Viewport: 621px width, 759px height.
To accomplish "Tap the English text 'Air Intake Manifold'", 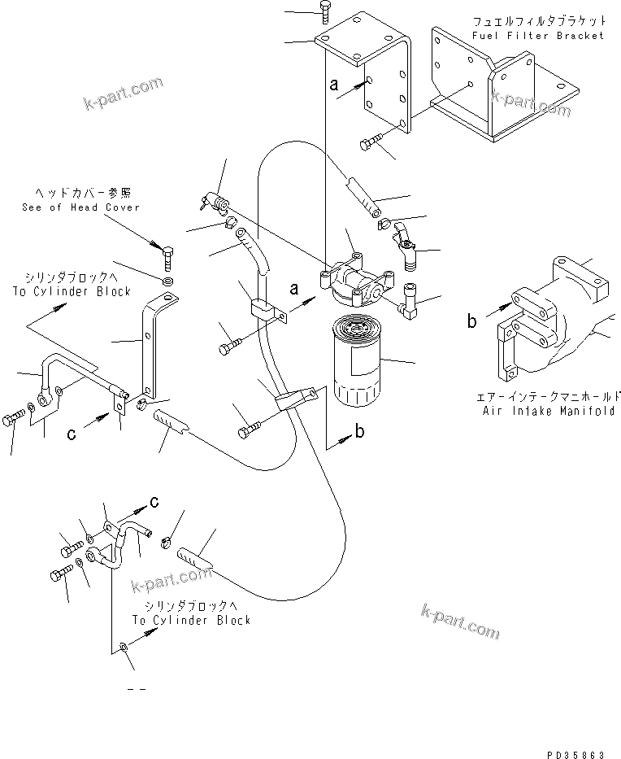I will point(545,412).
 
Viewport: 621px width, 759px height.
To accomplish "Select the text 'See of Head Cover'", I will point(80,207).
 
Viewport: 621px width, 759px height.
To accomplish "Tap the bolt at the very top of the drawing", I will point(323,11).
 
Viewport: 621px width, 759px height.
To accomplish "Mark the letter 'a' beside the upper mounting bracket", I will point(333,85).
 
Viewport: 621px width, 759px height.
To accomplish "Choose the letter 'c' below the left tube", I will point(72,434).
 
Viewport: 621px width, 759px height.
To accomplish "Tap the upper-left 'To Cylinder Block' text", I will point(72,291).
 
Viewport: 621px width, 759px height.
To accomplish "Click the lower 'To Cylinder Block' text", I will point(192,620).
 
